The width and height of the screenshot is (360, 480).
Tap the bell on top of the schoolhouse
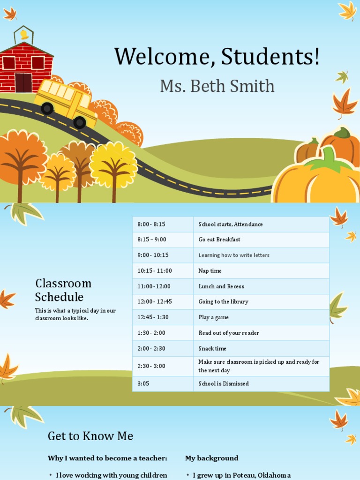point(23,35)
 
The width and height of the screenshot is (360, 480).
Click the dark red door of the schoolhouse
point(23,82)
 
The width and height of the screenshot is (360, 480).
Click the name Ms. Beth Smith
point(217,86)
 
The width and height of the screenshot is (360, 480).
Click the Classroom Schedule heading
point(63,290)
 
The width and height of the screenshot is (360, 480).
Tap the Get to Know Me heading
point(90,436)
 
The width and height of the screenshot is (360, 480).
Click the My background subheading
point(211,458)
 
